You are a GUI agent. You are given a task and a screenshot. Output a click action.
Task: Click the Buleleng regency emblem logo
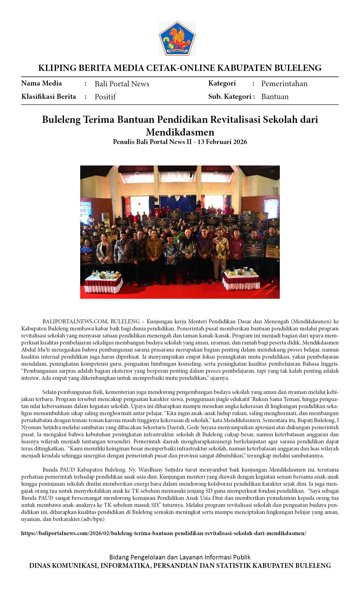(x=177, y=38)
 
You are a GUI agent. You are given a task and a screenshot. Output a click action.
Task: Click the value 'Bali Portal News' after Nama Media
(x=122, y=84)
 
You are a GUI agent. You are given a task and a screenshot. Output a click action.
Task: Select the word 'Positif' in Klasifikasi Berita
(x=105, y=97)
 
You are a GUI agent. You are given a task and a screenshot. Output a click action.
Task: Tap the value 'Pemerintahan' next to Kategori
(x=284, y=84)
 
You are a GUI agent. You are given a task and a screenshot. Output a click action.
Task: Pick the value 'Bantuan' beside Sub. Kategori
(x=275, y=97)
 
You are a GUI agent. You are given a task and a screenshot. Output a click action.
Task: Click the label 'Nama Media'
(x=42, y=83)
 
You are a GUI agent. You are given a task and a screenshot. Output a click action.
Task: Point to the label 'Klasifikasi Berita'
(x=49, y=97)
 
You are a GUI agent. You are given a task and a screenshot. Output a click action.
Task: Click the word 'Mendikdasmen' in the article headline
(x=180, y=132)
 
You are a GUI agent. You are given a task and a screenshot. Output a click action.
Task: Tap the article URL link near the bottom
(x=163, y=533)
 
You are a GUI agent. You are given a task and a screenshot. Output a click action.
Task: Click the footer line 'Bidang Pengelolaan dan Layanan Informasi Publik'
(x=180, y=557)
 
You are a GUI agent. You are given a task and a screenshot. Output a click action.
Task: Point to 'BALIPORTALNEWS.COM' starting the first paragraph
(x=75, y=321)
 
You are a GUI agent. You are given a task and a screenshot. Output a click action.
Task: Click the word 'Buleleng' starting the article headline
(x=61, y=120)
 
